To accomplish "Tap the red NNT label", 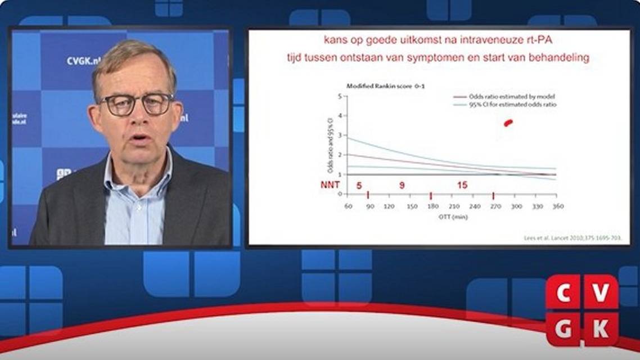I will click(x=330, y=185).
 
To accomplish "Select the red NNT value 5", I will click(x=359, y=185).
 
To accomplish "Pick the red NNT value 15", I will click(x=462, y=185).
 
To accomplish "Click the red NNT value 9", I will click(x=402, y=185).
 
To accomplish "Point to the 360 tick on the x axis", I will click(x=557, y=206).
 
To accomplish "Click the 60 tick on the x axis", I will click(x=348, y=206).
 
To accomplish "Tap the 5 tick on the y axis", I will click(x=340, y=96).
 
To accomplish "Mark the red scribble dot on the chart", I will click(x=508, y=123).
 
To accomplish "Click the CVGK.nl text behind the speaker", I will click(x=84, y=61).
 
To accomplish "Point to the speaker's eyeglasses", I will click(x=137, y=105).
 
